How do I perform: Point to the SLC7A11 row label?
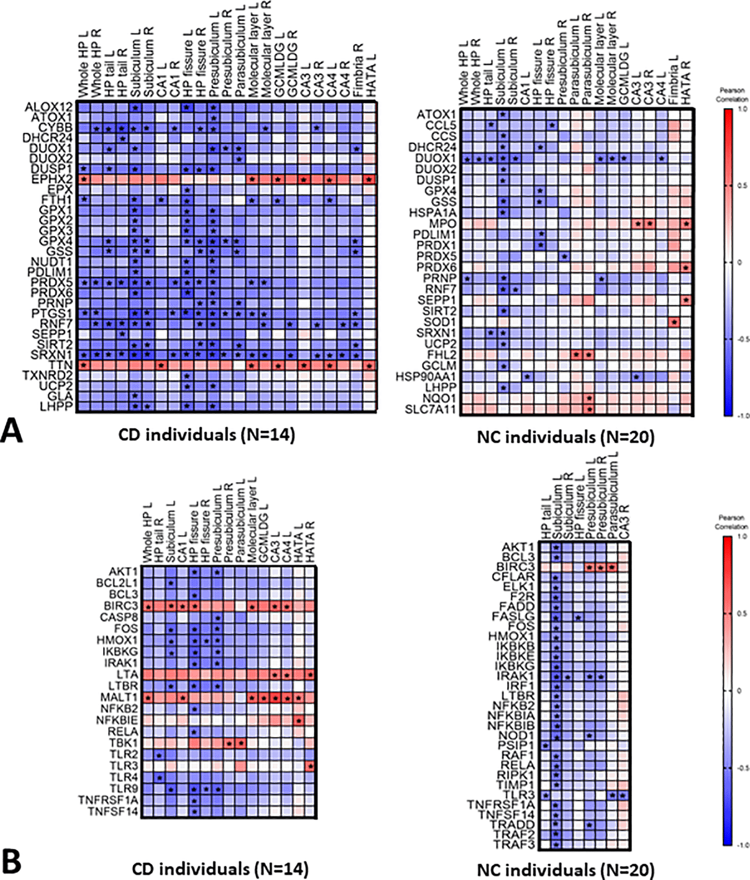tap(430, 410)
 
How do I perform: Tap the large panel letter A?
tap(12, 431)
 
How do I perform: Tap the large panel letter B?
tap(12, 862)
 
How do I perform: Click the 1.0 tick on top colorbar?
tap(741, 109)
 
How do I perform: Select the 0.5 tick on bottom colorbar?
tap(741, 614)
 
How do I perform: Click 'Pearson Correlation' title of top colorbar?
tap(731, 94)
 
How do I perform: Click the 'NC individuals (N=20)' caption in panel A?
tap(565, 437)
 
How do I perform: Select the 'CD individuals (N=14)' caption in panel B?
tap(220, 869)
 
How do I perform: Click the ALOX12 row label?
tap(49, 107)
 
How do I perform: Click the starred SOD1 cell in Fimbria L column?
tap(675, 322)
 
